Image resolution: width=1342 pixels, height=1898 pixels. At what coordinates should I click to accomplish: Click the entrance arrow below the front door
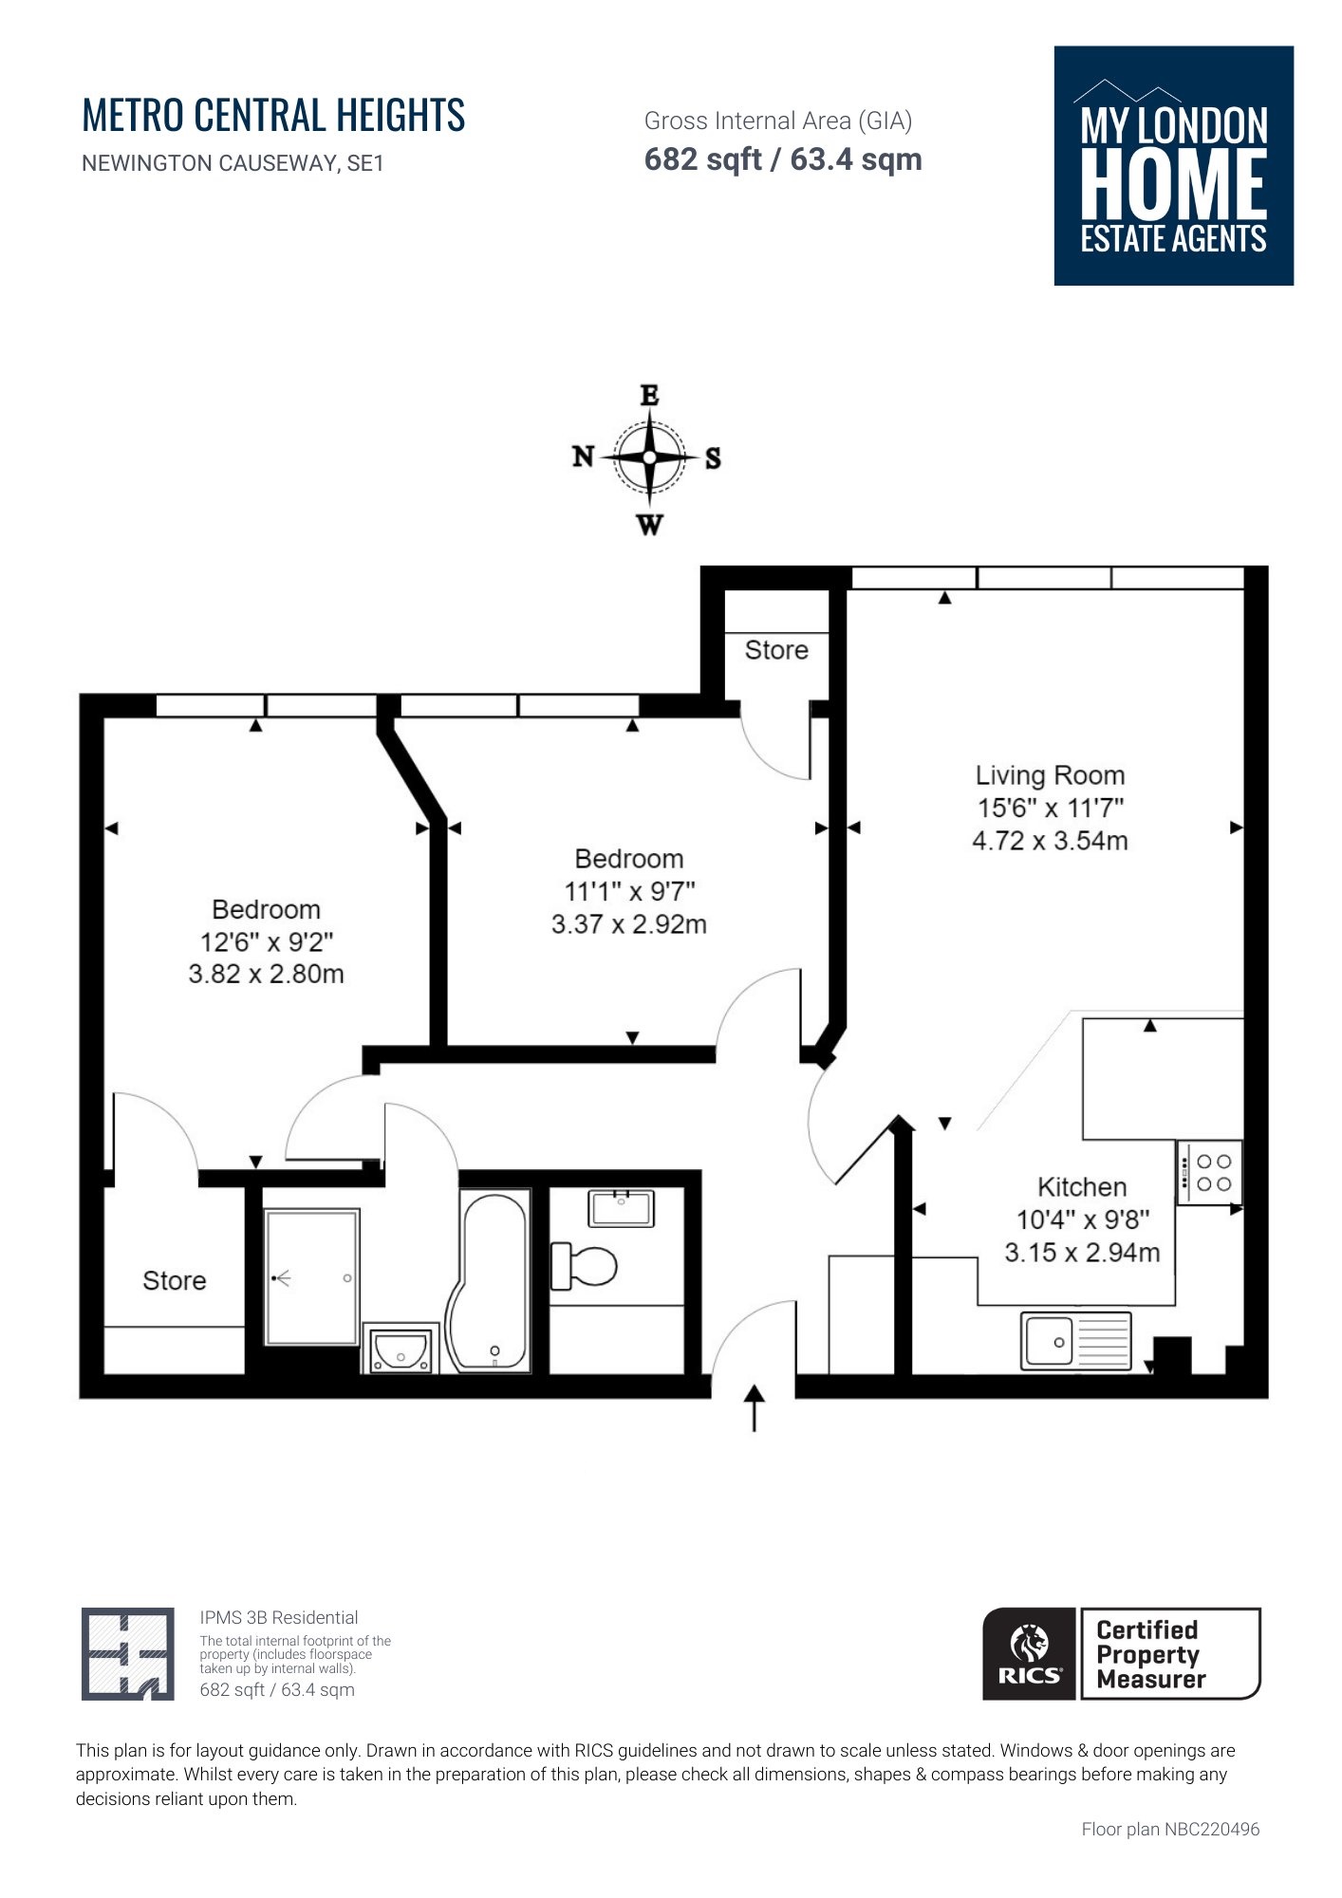(x=754, y=1406)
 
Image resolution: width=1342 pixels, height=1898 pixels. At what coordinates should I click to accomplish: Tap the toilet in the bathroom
(x=585, y=1266)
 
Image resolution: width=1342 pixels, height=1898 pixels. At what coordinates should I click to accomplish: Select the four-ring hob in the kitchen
(x=1209, y=1173)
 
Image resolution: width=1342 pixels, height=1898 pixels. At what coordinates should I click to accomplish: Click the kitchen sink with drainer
(x=1075, y=1341)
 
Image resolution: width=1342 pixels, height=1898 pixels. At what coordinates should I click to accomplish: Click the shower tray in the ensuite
(x=311, y=1276)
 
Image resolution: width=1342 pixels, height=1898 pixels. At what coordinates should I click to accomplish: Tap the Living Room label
(x=1050, y=775)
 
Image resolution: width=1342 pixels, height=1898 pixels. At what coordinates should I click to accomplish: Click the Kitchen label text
(x=1082, y=1187)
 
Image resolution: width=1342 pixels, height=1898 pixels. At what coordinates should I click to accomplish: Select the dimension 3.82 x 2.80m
(x=266, y=975)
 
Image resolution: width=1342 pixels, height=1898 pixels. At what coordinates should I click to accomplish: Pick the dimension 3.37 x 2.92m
(x=628, y=924)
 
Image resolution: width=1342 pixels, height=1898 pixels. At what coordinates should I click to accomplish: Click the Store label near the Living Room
(x=776, y=650)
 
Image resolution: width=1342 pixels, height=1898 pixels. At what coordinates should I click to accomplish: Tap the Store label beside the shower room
(x=174, y=1281)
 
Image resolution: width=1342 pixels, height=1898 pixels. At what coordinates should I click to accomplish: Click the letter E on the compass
(x=649, y=396)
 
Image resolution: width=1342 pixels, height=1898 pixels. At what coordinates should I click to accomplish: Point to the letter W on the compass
(x=649, y=525)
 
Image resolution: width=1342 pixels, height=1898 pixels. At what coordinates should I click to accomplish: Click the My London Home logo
(x=1173, y=166)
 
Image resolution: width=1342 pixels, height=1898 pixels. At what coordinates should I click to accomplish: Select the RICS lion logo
(x=1030, y=1654)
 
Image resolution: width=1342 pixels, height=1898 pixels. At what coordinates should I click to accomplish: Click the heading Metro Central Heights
(x=273, y=116)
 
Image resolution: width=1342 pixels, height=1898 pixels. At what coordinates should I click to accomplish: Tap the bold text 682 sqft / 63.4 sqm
(x=783, y=159)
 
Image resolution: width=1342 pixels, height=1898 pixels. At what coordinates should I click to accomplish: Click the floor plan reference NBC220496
(x=1170, y=1829)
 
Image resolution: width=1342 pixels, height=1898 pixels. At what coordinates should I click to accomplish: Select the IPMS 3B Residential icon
(x=127, y=1654)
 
